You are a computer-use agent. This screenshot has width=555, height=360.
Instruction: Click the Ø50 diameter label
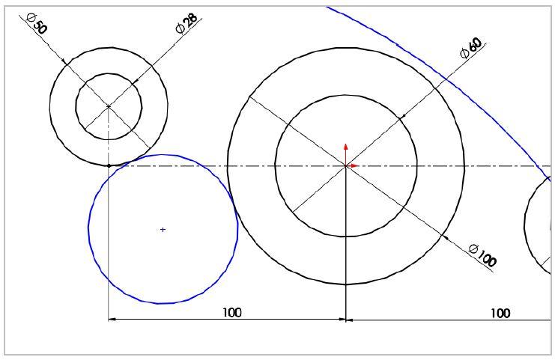point(37,23)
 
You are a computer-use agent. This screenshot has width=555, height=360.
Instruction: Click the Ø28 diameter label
point(186,23)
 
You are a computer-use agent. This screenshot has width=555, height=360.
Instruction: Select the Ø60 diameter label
point(471,48)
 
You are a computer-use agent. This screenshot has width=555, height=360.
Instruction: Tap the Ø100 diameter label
point(483,255)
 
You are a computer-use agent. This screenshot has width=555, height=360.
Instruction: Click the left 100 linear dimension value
point(232,313)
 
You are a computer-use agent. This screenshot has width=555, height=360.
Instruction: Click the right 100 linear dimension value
point(500,314)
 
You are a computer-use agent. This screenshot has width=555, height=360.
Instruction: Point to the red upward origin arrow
point(346,154)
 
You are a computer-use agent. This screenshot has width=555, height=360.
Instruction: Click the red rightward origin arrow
point(353,165)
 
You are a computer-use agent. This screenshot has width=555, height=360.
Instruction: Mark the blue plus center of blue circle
point(163,230)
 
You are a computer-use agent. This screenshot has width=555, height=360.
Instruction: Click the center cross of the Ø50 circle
point(109,106)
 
